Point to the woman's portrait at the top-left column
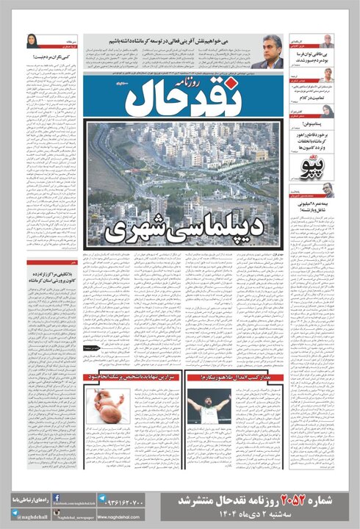tap(34, 42)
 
